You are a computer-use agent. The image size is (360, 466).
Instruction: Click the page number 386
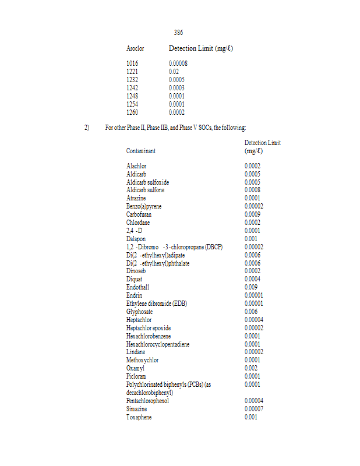[178, 33]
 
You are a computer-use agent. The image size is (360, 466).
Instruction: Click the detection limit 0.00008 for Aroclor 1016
[177, 63]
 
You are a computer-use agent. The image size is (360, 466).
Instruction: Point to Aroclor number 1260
[132, 112]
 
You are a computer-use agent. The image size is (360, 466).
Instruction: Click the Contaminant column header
[141, 150]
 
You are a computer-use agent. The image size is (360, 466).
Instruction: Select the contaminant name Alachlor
[136, 167]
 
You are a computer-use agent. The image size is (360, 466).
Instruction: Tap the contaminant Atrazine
[136, 199]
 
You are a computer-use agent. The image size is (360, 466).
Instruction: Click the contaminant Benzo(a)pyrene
[144, 207]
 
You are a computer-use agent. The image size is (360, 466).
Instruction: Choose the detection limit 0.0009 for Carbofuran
[252, 215]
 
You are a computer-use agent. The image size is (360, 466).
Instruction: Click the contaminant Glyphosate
[139, 312]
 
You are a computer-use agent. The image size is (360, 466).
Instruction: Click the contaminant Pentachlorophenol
[147, 401]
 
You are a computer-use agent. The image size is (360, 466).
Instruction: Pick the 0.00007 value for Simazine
[254, 409]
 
